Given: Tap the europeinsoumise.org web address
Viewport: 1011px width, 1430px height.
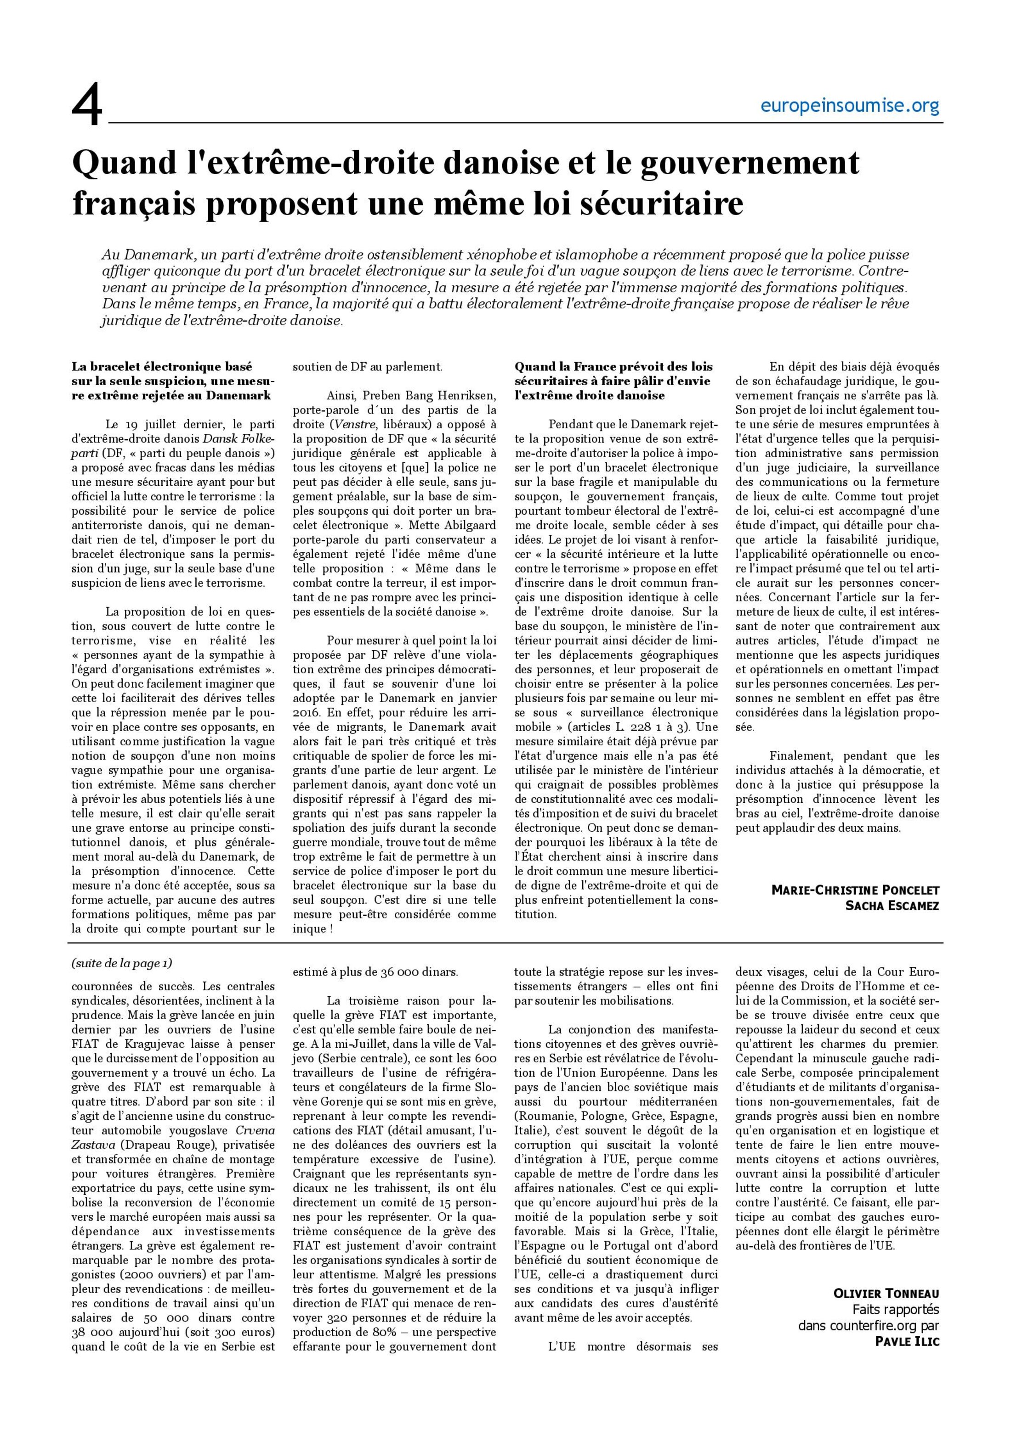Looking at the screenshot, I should [x=849, y=107].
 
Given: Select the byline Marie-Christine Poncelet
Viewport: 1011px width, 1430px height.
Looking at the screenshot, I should [x=855, y=890].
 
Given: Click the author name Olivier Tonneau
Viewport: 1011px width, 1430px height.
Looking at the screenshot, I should [x=886, y=1294].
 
